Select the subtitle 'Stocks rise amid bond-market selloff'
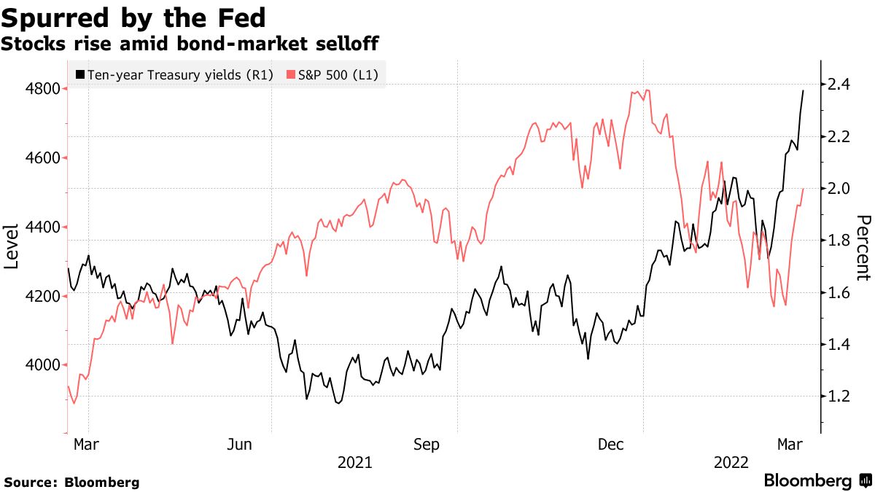click(190, 44)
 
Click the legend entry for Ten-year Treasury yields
click(174, 74)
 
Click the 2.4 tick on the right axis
click(835, 85)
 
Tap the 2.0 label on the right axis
click(835, 189)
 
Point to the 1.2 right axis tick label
click(835, 397)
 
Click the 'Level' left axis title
click(12, 246)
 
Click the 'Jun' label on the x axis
click(240, 445)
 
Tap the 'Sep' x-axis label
click(426, 445)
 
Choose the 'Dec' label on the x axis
click(611, 445)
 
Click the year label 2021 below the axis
click(355, 463)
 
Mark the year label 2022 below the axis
click(731, 463)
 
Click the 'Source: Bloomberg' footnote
click(71, 483)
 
